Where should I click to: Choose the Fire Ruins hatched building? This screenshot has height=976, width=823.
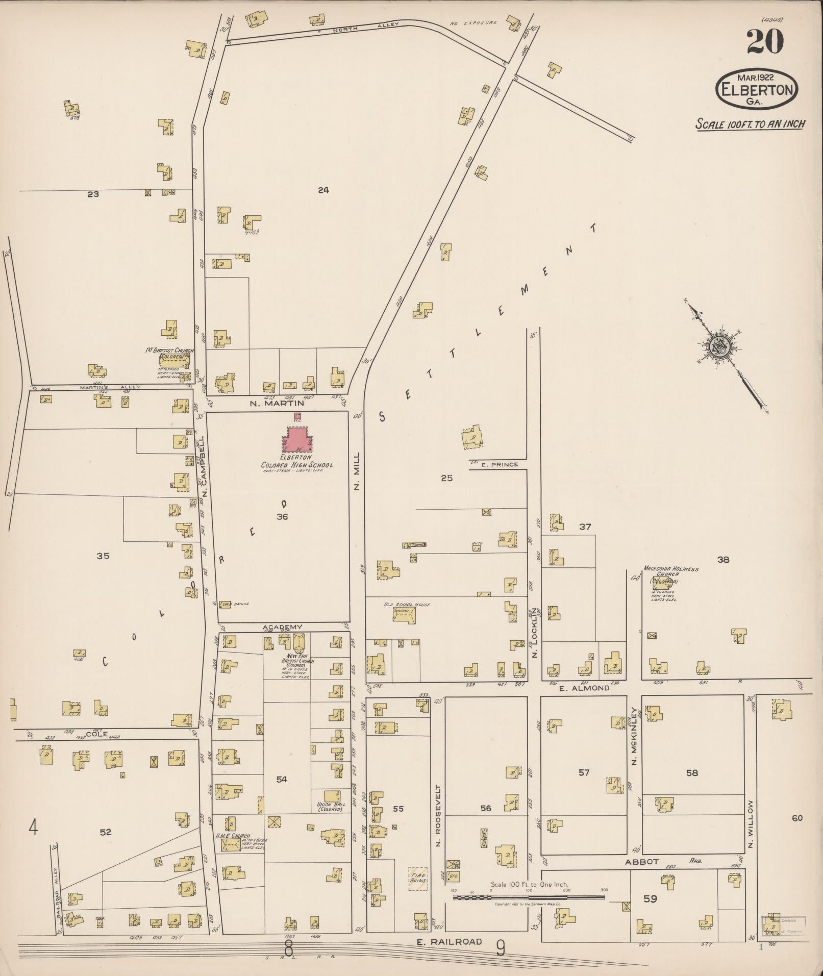coord(418,880)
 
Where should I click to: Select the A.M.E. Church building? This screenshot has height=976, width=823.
coord(231,845)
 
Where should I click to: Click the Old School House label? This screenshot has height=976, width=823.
coord(407,605)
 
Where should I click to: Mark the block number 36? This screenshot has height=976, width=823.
coord(282,517)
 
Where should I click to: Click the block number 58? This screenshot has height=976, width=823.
coord(691,773)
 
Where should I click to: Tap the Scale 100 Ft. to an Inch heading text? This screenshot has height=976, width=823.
coord(751,124)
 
